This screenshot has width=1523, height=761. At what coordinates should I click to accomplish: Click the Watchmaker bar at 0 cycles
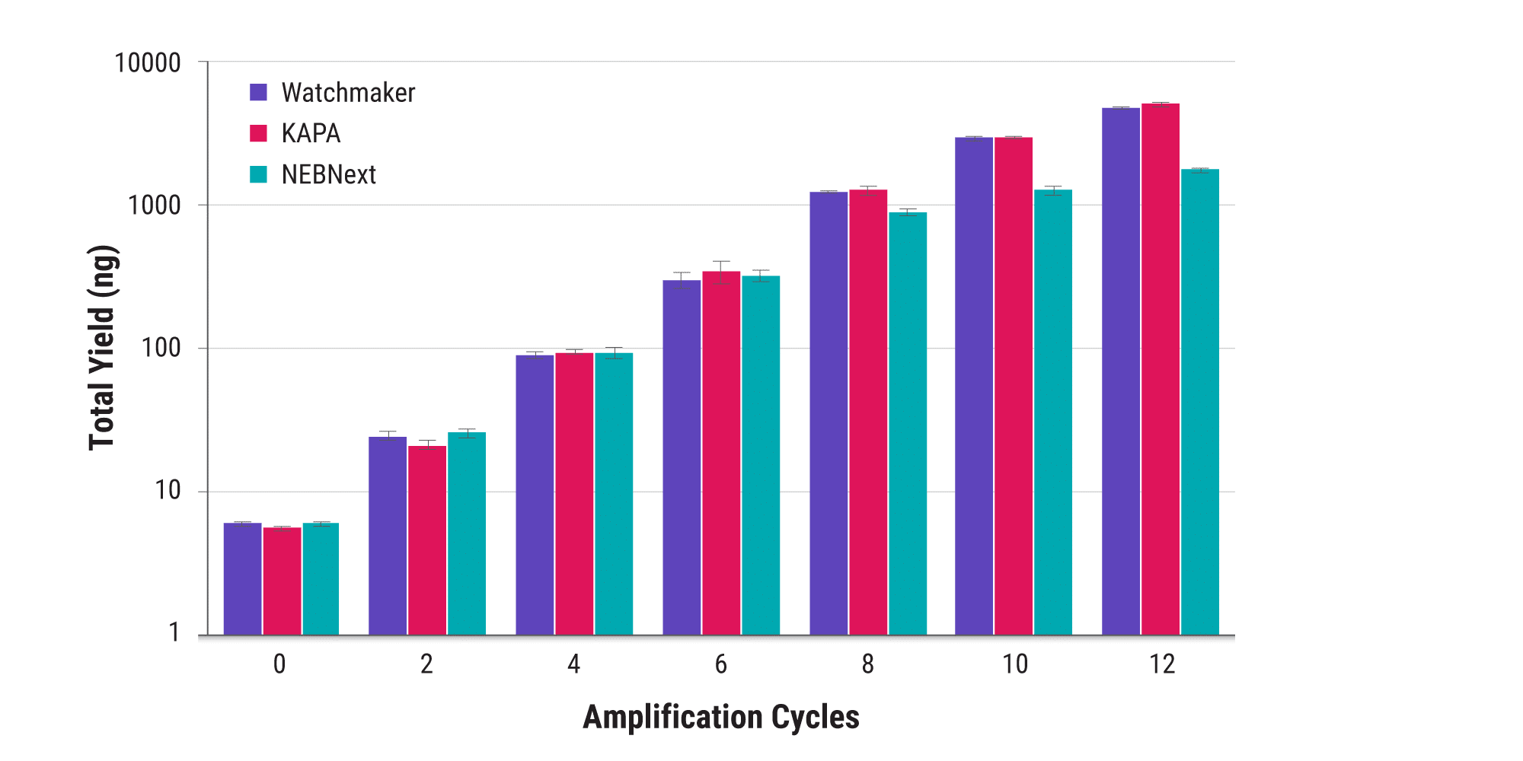(242, 578)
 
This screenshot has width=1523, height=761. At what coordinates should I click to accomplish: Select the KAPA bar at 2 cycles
(427, 540)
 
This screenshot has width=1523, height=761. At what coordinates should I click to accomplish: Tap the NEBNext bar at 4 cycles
(614, 495)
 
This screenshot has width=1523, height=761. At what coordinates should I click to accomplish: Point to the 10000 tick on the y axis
(148, 62)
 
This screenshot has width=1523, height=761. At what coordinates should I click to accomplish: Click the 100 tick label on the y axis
(161, 349)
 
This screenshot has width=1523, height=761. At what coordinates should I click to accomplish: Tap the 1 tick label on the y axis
(174, 632)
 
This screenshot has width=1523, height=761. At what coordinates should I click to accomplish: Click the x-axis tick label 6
(720, 664)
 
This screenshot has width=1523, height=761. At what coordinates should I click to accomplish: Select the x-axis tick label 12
(1162, 664)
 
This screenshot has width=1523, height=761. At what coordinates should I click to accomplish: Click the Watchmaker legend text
(348, 93)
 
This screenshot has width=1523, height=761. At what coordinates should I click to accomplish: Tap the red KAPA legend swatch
(259, 133)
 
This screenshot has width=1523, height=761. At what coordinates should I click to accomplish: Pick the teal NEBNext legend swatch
(259, 174)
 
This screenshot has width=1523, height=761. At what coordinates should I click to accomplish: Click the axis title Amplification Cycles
(720, 717)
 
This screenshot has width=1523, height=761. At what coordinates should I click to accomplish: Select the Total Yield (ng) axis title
(102, 348)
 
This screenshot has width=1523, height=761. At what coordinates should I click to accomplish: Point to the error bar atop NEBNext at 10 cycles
(1053, 190)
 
